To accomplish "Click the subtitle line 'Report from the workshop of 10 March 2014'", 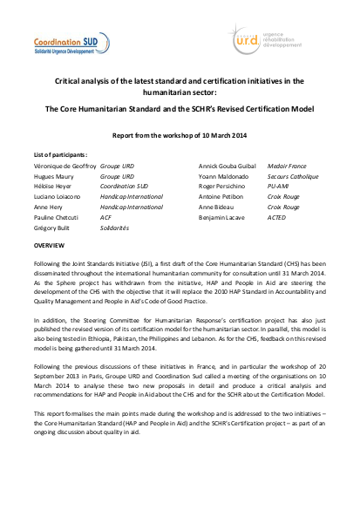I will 179,135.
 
